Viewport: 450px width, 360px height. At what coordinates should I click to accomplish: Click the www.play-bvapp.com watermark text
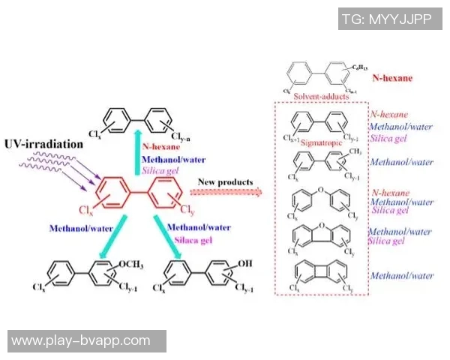click(x=81, y=341)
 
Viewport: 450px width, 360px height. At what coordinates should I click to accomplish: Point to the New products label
click(x=227, y=181)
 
